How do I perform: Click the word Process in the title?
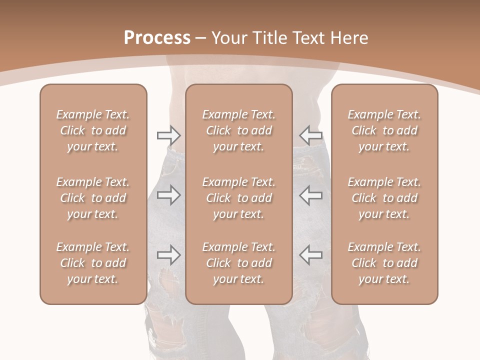[157, 38]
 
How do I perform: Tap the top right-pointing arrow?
[169, 135]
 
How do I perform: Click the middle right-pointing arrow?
[169, 195]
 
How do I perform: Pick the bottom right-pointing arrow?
[169, 254]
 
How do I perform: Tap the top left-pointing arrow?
[310, 135]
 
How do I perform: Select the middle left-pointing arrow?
[310, 195]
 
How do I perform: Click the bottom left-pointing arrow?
[310, 254]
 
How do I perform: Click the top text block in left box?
[93, 130]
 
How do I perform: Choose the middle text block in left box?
[93, 198]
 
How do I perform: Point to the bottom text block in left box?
[93, 263]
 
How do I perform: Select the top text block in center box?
[238, 130]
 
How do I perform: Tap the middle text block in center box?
[238, 198]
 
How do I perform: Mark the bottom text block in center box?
[238, 263]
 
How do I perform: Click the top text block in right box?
[384, 130]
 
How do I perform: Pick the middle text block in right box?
[384, 198]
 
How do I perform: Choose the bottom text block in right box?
[384, 263]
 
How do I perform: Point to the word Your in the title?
[228, 38]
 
